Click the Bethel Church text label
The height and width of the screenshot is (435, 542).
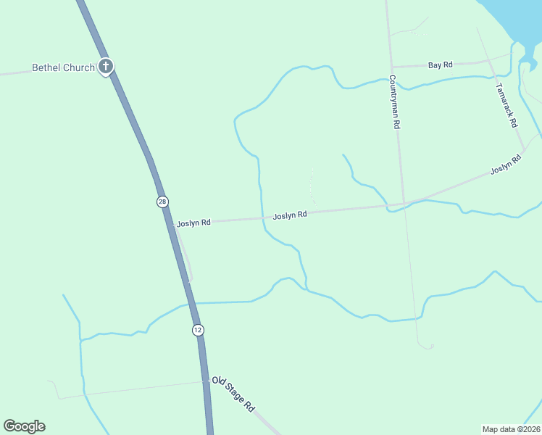(x=63, y=68)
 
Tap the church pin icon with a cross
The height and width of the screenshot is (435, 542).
(x=106, y=67)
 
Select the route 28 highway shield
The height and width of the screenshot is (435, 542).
(x=162, y=202)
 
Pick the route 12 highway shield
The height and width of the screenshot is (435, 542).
(x=198, y=330)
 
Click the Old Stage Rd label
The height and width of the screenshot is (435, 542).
(x=233, y=395)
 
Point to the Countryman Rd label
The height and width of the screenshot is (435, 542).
(x=395, y=101)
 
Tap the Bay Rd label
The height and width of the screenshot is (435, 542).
(x=440, y=65)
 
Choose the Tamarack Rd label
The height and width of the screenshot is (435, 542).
(x=508, y=105)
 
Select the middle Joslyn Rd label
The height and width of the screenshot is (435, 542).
(x=290, y=215)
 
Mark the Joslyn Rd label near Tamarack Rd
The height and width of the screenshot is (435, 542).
(x=506, y=165)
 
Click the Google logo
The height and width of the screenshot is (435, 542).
(x=24, y=426)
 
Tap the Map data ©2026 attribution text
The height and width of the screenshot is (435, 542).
(x=511, y=428)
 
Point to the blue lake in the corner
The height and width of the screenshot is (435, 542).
(x=518, y=18)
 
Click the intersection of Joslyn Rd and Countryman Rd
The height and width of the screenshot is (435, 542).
(x=404, y=204)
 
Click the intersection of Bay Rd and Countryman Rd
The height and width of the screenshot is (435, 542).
(x=391, y=67)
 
